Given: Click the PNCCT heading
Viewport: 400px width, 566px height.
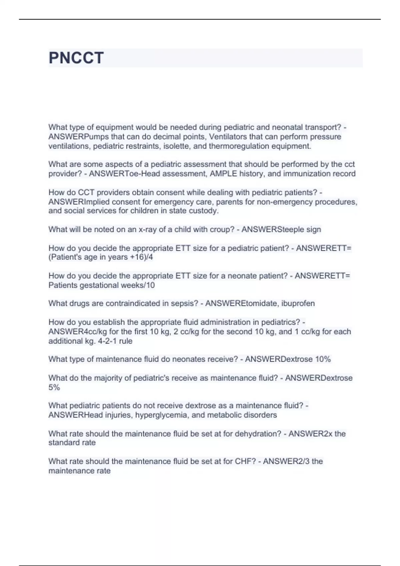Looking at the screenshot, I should (76, 58).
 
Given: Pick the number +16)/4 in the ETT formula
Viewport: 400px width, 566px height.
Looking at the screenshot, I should (142, 257).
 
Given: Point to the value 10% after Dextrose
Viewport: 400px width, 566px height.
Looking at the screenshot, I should (323, 359).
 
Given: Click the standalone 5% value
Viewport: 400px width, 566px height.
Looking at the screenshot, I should (54, 388).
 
